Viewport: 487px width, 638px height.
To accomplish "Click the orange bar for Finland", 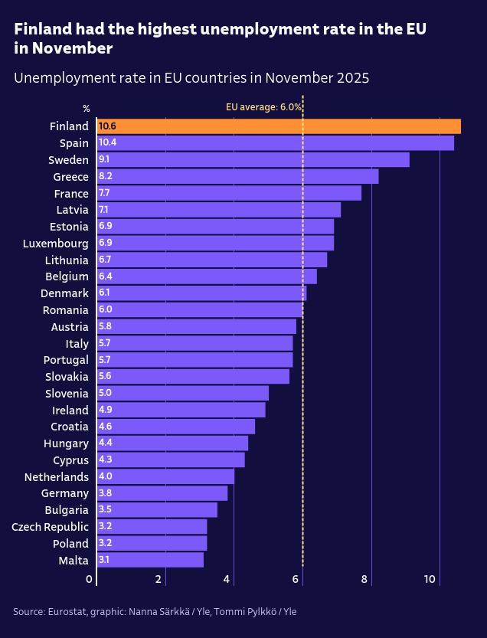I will tap(279, 126).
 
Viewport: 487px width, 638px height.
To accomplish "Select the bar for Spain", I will tap(276, 143).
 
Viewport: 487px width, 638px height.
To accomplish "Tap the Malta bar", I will tap(150, 560).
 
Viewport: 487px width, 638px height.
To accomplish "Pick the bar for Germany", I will tap(162, 493).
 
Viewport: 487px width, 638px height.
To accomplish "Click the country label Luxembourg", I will tap(56, 244).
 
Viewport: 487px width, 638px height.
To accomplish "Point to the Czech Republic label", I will tap(50, 527).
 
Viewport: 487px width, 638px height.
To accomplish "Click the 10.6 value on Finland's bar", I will tap(107, 126).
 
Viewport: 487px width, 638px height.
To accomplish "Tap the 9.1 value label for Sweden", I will tap(104, 159).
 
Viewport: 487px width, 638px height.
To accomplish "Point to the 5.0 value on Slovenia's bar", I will tap(105, 393).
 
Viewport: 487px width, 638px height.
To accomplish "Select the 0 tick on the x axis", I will tap(89, 580).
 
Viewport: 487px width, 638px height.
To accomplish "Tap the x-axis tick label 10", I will tap(431, 580).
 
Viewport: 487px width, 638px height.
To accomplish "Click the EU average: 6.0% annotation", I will tap(263, 107).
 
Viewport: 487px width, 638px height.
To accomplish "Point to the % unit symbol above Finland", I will tap(87, 109).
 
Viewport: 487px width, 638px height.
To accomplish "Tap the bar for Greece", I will tap(237, 176).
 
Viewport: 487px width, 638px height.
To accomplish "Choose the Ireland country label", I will tap(70, 411).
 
